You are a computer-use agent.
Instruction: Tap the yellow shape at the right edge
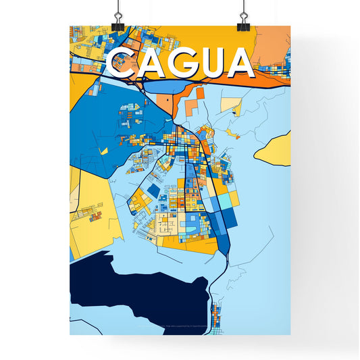[276, 149]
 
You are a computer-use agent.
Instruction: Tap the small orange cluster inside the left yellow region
[95, 216]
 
